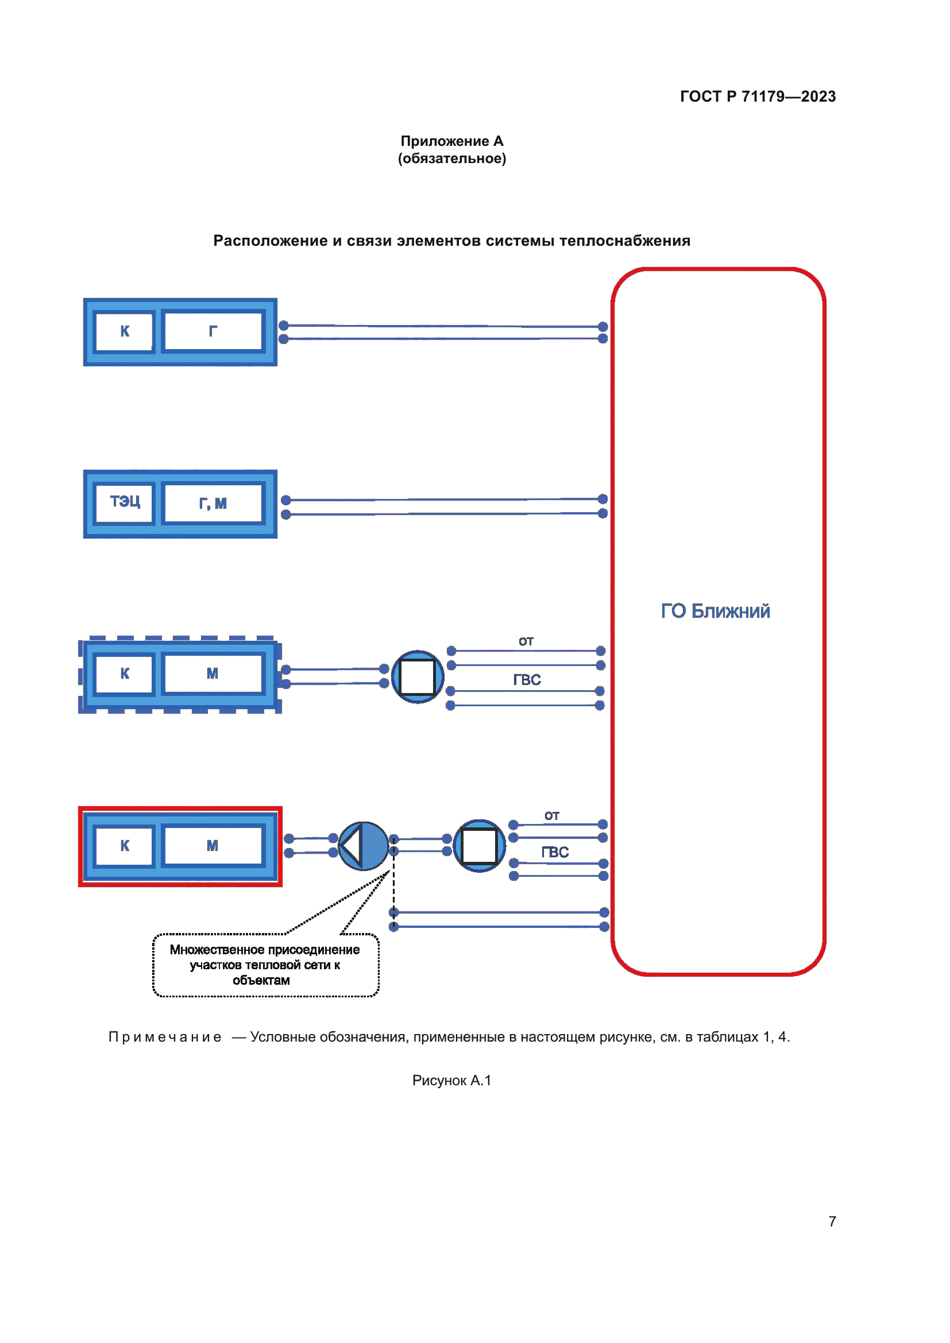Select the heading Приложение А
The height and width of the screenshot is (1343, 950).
(451, 141)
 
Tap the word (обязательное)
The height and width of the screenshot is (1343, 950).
(451, 158)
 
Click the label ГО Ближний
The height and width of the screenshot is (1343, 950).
(715, 611)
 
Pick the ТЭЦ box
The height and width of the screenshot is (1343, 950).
(125, 502)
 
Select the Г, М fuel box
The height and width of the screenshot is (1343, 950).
(213, 503)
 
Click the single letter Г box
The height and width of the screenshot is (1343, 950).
(213, 331)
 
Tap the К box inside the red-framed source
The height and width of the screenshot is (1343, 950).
(125, 845)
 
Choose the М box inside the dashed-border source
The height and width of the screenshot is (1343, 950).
(213, 674)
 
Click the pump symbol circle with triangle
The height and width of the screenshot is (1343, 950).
(363, 846)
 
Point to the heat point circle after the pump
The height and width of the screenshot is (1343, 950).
(479, 846)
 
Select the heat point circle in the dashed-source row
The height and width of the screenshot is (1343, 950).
(417, 677)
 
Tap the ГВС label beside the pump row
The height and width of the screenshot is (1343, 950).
(555, 852)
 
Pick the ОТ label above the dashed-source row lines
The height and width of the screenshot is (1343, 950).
(526, 641)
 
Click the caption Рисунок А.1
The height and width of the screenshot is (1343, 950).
(451, 1080)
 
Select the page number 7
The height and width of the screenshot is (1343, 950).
(832, 1221)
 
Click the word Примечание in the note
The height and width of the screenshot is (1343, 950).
(165, 1037)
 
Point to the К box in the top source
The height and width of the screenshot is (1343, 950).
(125, 331)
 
